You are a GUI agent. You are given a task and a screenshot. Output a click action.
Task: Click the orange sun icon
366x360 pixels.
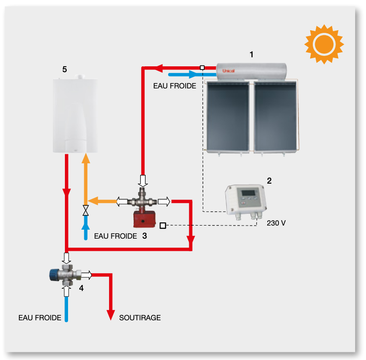point(324,44)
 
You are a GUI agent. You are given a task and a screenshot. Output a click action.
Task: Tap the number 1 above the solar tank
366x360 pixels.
point(252,55)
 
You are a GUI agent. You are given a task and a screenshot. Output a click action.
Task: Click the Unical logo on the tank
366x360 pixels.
point(228,71)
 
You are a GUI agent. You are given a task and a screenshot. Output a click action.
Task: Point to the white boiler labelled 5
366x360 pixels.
point(75,114)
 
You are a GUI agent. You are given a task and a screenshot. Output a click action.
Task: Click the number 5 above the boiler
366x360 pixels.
point(64,69)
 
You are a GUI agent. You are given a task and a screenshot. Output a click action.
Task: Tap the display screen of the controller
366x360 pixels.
point(248,193)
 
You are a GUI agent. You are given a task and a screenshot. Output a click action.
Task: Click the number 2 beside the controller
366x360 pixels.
point(269,180)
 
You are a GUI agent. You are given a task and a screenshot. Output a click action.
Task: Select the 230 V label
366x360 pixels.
point(276,223)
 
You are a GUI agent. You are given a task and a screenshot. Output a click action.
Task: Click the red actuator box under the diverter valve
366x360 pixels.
point(144,219)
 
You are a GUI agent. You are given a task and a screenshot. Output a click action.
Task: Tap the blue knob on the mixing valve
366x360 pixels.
point(54,275)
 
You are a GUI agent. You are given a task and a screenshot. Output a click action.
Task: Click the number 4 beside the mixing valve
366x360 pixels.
point(81,288)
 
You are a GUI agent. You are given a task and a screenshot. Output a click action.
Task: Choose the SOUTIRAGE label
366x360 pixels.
point(140,318)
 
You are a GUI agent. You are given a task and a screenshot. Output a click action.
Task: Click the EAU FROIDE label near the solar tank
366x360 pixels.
point(174,86)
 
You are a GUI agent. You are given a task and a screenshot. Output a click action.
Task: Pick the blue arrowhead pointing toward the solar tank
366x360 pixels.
point(193,74)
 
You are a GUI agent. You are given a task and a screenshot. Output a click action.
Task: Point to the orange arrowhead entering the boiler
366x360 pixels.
point(86,158)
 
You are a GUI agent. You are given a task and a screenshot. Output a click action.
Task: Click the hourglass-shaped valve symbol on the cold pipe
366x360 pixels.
point(86,211)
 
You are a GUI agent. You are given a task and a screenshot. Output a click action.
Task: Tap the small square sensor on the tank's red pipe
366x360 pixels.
point(202,68)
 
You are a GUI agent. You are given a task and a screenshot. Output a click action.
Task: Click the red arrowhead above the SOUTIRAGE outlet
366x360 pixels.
point(110,315)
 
